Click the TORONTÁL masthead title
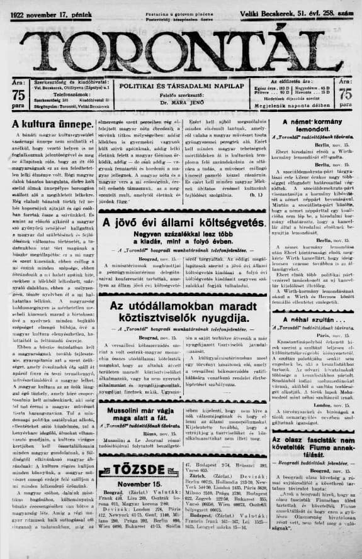coord(181,47)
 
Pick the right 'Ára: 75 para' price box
coord(345,95)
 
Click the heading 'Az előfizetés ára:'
coord(292,82)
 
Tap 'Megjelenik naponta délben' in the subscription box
coord(292,107)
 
